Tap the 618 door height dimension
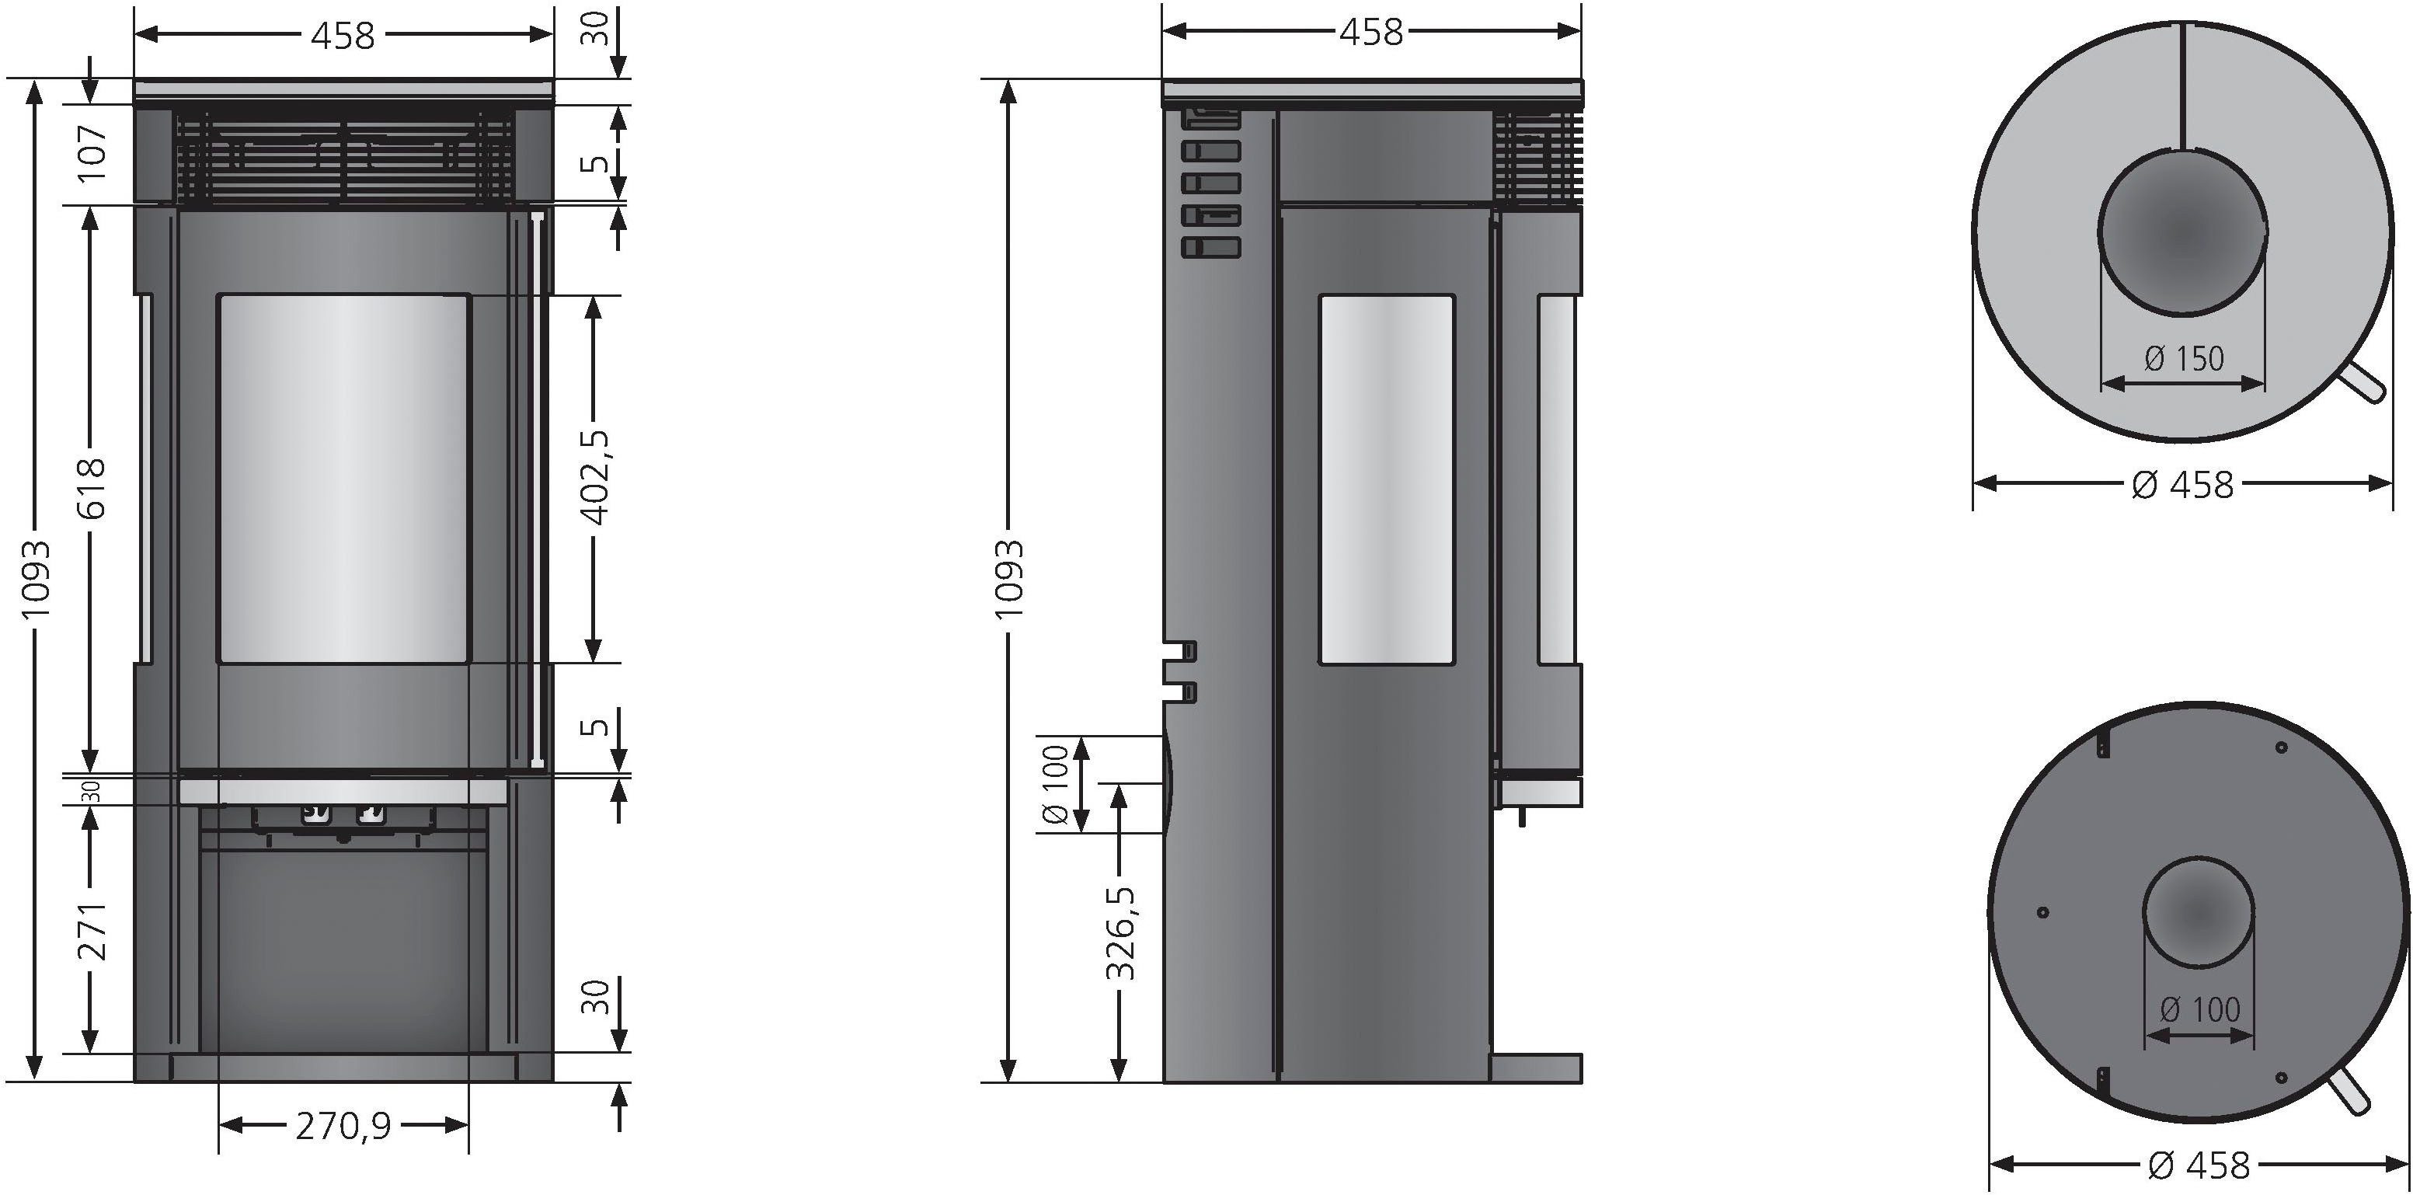[91, 487]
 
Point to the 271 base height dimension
[91, 931]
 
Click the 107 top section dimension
[91, 152]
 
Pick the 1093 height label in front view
[36, 579]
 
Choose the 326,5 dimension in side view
[1119, 933]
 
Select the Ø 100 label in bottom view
[2199, 1009]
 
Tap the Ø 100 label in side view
[1056, 785]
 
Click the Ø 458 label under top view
[2182, 485]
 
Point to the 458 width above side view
[1370, 33]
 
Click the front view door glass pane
[343, 479]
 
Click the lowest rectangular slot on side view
[1211, 247]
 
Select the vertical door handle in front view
[537, 487]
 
